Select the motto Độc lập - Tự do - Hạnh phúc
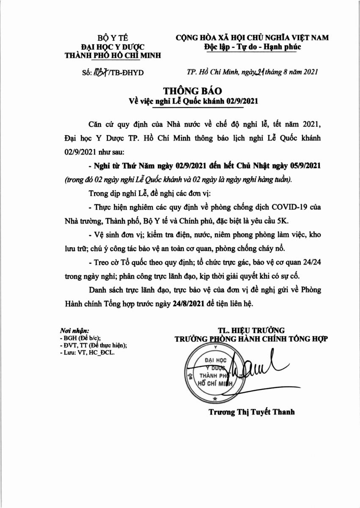pyautogui.click(x=252, y=46)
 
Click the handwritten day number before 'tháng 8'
pyautogui.click(x=258, y=72)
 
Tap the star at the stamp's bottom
pyautogui.click(x=215, y=398)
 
